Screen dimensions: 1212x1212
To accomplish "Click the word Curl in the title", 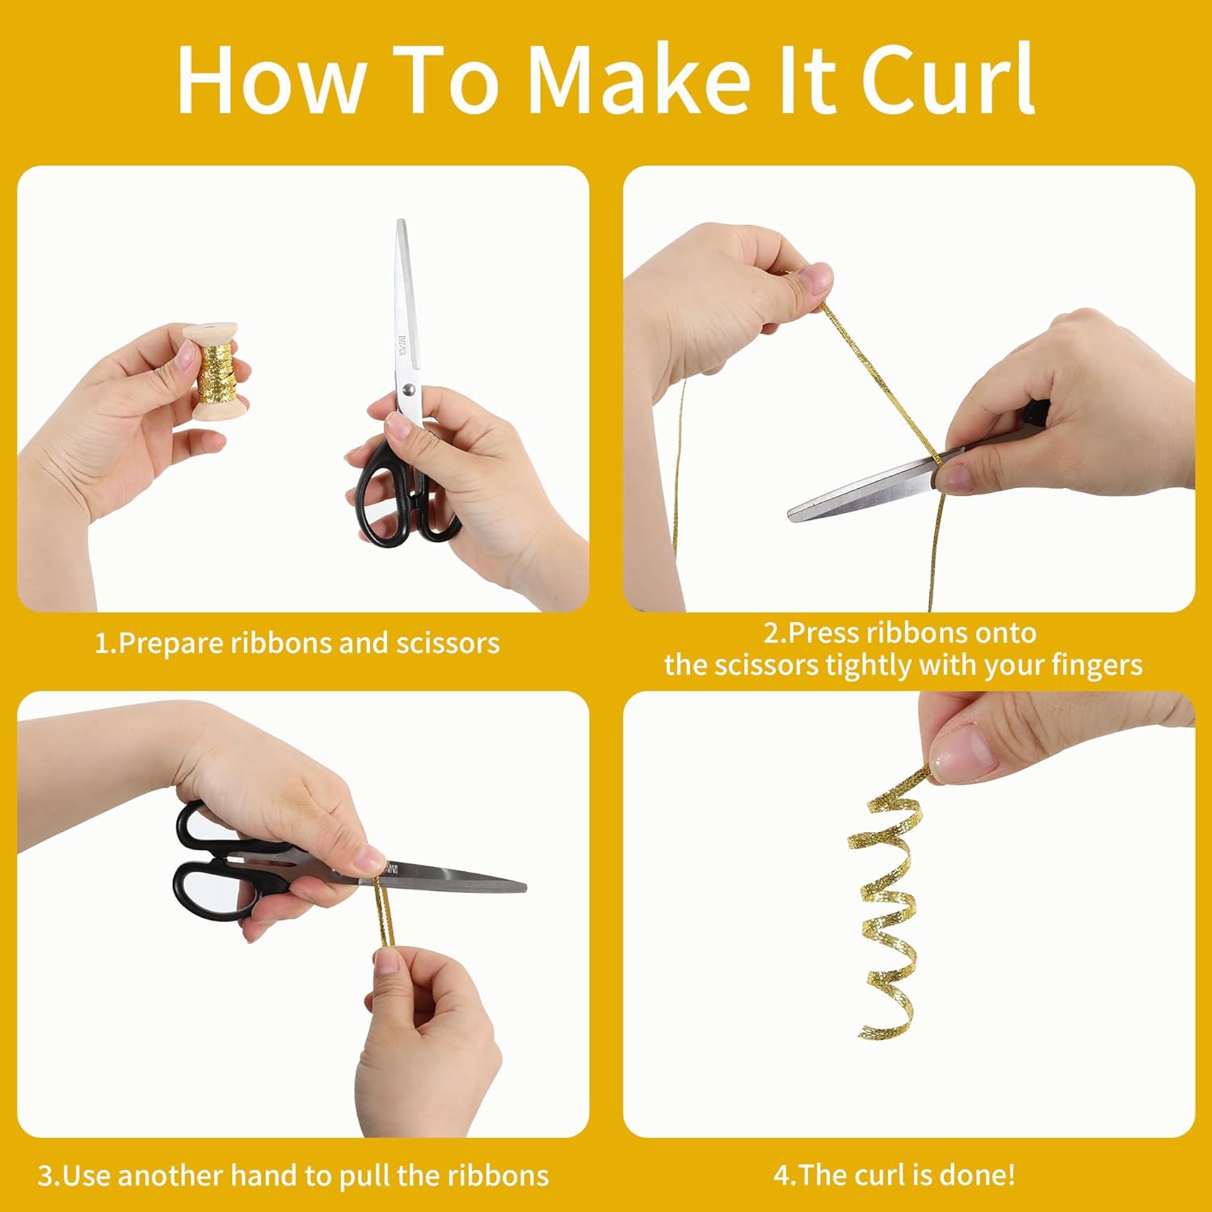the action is (x=947, y=78).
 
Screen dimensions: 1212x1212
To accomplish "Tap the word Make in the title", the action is (x=639, y=78).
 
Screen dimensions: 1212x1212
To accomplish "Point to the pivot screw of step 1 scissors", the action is (x=409, y=391).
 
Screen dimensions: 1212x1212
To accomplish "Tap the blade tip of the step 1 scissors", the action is (x=400, y=221).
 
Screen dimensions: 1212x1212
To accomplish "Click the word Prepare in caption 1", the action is (x=170, y=644).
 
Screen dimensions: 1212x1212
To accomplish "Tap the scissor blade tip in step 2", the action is (x=792, y=513).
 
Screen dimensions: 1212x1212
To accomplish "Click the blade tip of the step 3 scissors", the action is (x=524, y=886).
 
